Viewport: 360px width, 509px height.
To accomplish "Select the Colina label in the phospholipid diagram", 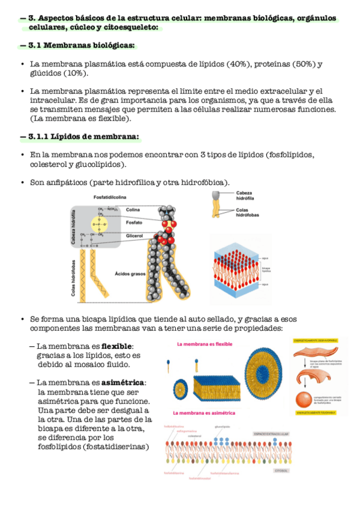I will [132, 209].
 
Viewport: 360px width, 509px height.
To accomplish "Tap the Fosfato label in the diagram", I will [133, 223].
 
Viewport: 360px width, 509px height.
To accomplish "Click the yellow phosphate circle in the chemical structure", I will [98, 223].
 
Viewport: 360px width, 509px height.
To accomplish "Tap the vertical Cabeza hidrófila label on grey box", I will [74, 227].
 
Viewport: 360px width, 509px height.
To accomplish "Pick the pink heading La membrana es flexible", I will [204, 345].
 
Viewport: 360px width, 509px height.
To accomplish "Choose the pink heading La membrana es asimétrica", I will [204, 413].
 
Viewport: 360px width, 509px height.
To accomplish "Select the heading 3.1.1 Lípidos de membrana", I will [83, 137].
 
